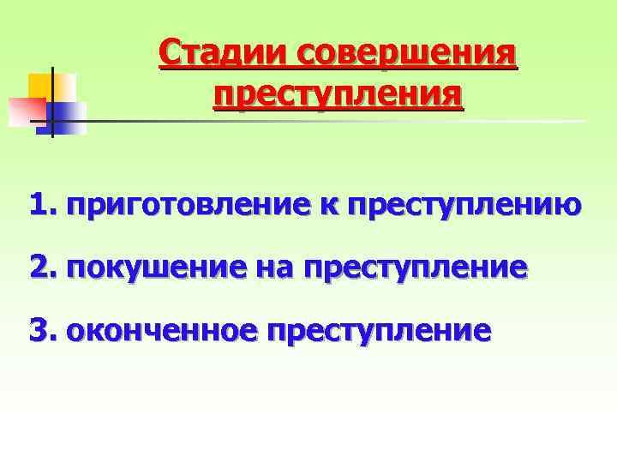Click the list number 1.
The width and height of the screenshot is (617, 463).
(40, 206)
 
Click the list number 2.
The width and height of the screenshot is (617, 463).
(40, 268)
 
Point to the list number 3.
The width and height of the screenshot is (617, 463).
(40, 329)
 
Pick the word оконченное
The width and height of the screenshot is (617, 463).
(162, 330)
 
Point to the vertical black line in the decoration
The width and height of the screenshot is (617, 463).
(52, 103)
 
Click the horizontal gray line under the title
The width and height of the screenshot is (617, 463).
(343, 121)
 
